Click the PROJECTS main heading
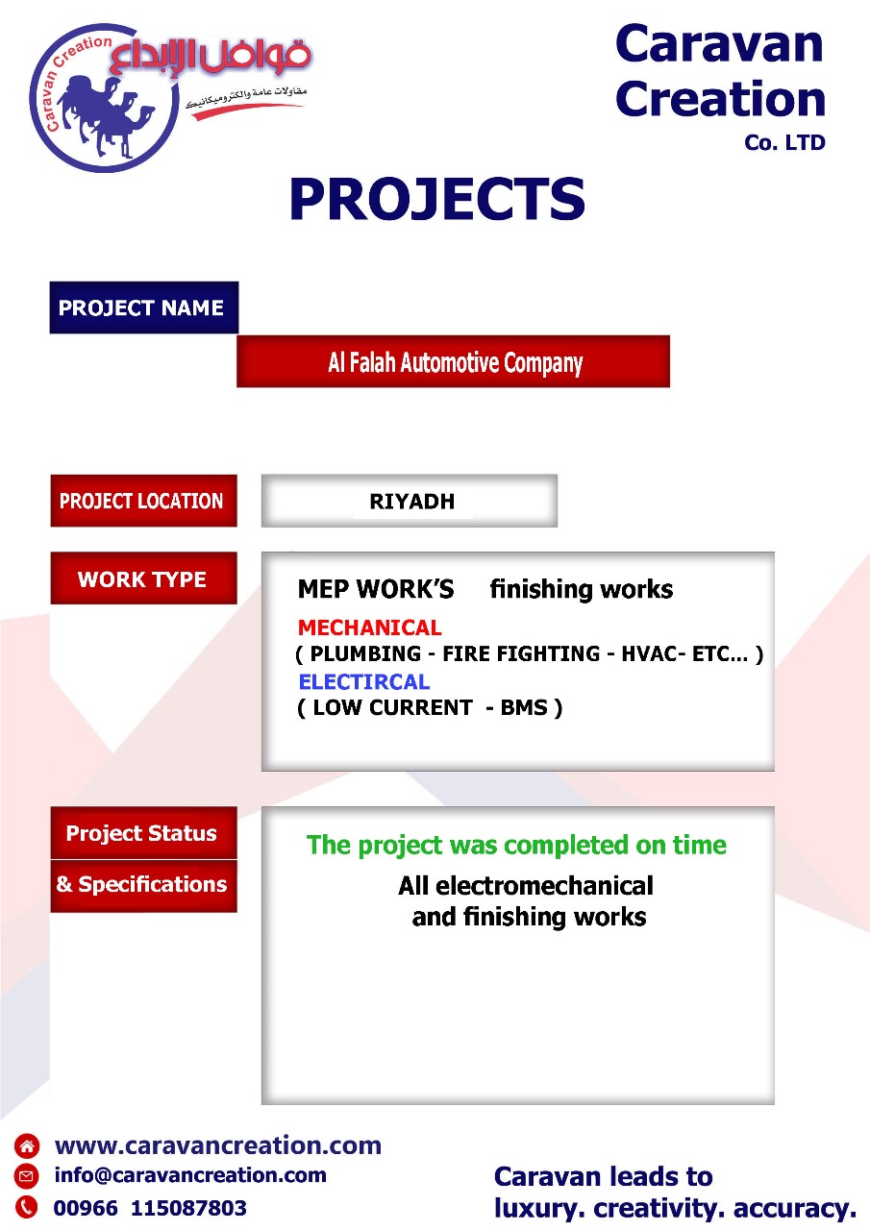tap(436, 198)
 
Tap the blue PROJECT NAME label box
tap(144, 307)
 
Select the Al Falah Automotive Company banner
tap(453, 361)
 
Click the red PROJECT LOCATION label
tap(144, 501)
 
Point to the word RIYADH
tap(412, 502)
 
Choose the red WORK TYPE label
tap(144, 578)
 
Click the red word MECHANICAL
tap(370, 627)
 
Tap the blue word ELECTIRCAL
tap(364, 681)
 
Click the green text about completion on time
tap(516, 845)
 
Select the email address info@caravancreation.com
tap(190, 1174)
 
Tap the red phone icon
tap(26, 1207)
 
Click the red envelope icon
tap(26, 1175)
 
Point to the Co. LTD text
tap(784, 143)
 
